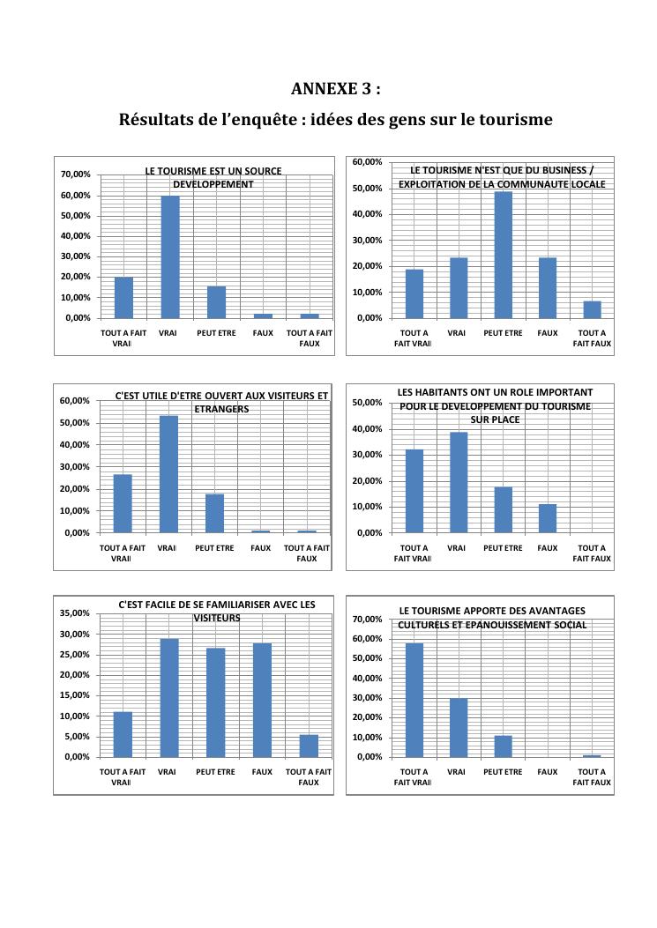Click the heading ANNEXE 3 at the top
(x=336, y=89)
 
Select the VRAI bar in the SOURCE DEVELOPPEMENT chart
(x=169, y=256)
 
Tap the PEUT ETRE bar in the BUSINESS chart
(x=504, y=255)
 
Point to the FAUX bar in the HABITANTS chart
(x=548, y=518)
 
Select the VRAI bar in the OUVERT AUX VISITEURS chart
(x=168, y=474)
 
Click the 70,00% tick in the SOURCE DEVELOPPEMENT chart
(x=77, y=174)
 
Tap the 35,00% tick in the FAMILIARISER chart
(x=77, y=613)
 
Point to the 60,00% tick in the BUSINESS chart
(x=367, y=162)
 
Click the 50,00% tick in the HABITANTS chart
(x=367, y=403)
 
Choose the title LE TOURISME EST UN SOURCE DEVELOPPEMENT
(x=213, y=177)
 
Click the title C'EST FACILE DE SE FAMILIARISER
(x=216, y=611)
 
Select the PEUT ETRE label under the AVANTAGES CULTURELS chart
(x=503, y=772)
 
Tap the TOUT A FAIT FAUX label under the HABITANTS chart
(x=592, y=553)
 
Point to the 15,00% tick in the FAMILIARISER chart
(x=77, y=695)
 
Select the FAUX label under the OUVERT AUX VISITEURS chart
(x=261, y=548)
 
